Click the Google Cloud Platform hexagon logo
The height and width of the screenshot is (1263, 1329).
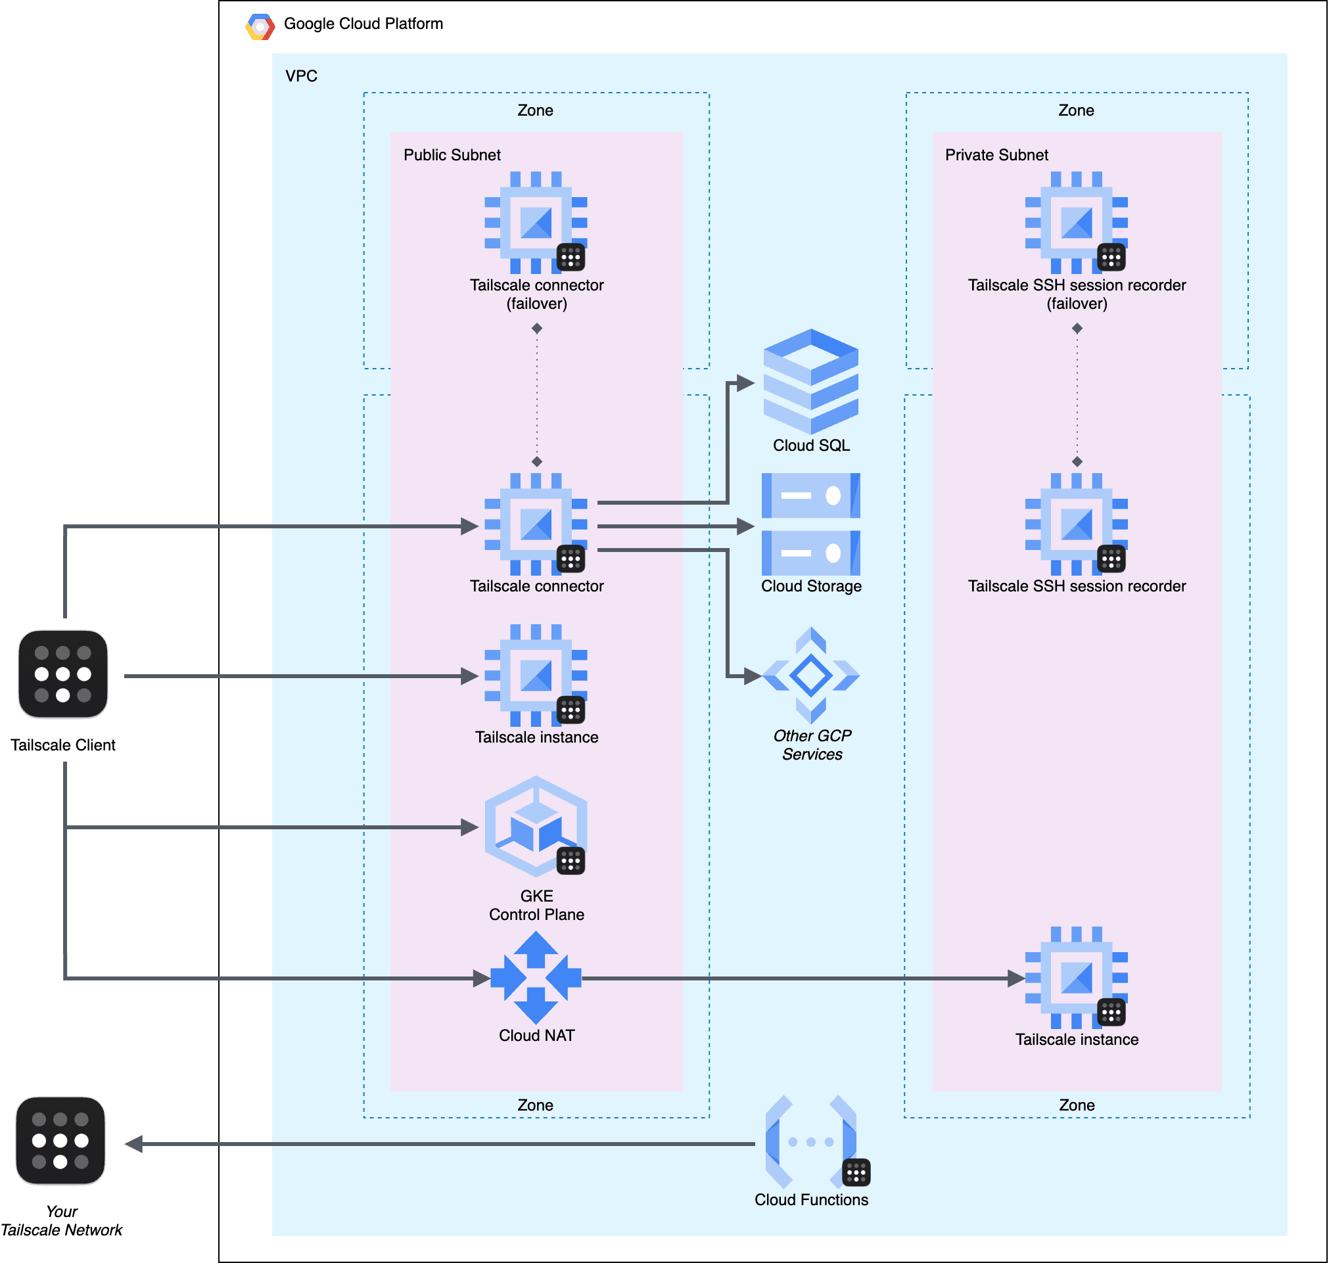click(260, 27)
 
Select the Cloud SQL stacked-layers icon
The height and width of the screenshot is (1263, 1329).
click(810, 382)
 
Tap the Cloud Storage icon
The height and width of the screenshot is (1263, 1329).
click(810, 524)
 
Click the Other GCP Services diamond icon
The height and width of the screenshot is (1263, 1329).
click(810, 676)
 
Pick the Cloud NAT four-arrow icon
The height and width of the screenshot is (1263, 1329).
click(536, 978)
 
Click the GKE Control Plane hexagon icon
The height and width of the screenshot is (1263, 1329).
click(536, 826)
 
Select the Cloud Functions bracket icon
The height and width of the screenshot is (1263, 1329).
click(810, 1142)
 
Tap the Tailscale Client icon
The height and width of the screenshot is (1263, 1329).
click(62, 675)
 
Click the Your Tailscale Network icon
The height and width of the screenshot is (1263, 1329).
click(60, 1141)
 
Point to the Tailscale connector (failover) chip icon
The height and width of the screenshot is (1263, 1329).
click(536, 222)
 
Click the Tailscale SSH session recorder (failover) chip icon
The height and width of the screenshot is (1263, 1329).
click(1076, 222)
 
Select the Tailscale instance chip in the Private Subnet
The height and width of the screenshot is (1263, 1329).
click(1076, 978)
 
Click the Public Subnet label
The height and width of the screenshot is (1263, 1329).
click(452, 155)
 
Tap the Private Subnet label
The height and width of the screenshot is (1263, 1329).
click(996, 155)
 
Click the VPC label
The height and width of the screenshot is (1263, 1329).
click(301, 76)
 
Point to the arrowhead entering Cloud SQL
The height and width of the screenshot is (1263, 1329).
click(745, 383)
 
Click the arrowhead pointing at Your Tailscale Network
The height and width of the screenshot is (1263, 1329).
click(134, 1144)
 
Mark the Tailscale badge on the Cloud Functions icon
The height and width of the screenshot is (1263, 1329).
click(856, 1173)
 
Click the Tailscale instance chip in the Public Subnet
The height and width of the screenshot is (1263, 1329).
click(536, 676)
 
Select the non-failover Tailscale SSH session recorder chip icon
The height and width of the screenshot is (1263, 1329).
click(1076, 524)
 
